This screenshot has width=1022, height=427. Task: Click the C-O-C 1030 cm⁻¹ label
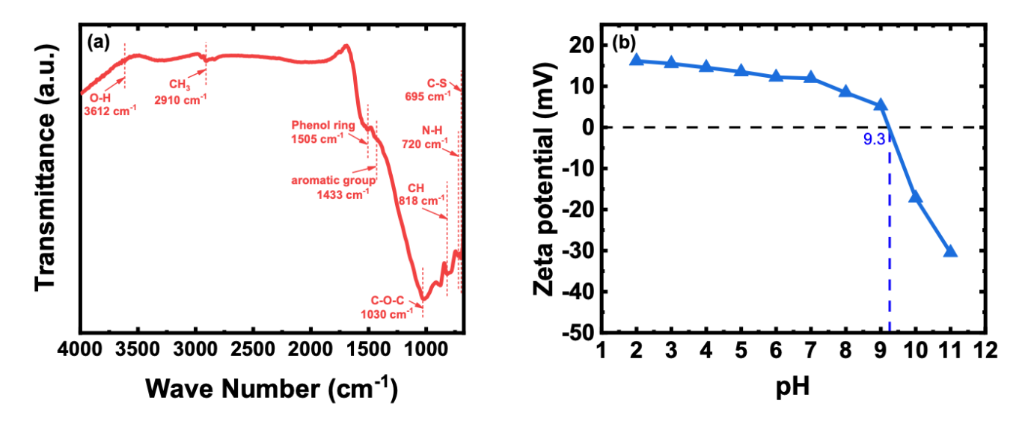point(387,307)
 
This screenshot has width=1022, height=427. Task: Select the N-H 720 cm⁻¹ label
point(436,138)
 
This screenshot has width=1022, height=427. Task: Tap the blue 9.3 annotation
point(874,138)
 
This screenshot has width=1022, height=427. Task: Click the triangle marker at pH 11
point(950,251)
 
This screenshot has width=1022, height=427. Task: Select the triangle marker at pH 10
point(915,197)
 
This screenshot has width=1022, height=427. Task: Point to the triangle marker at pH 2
point(637,59)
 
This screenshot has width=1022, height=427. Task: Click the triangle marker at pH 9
point(881,105)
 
